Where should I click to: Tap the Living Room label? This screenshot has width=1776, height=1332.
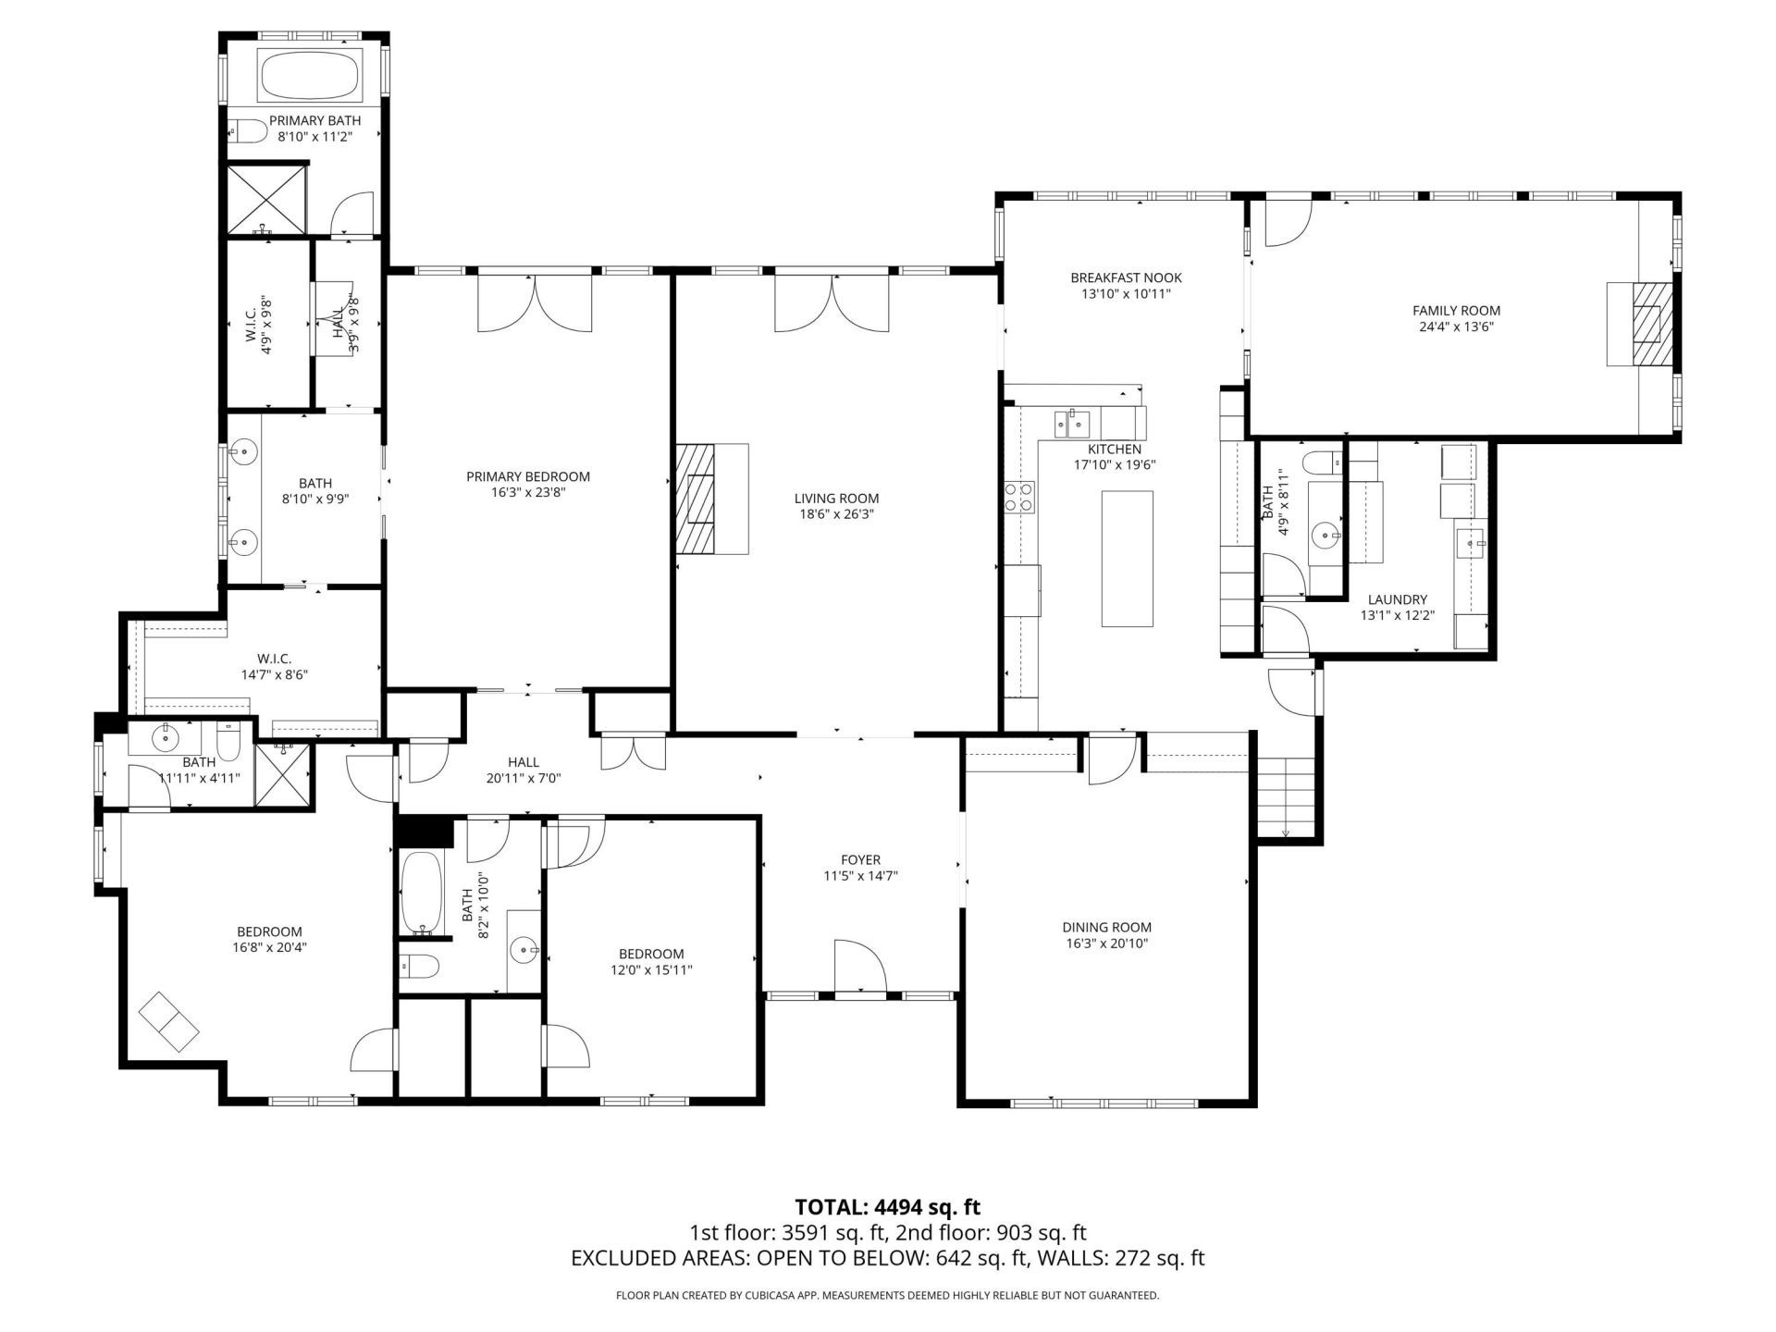coord(836,499)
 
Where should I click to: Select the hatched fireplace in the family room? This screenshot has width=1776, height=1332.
coord(1652,325)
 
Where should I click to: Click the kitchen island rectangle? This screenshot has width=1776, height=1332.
coord(1127,559)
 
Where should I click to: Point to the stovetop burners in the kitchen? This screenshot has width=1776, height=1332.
coord(1019,496)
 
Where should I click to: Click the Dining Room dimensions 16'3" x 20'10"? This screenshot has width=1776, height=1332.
coord(1106,943)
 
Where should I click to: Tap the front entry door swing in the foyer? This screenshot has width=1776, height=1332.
coord(860,967)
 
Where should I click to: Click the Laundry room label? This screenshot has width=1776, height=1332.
coord(1397,599)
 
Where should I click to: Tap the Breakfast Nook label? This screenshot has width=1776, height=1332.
coord(1126,277)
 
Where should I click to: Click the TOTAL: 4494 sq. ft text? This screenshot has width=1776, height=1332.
coord(887,1206)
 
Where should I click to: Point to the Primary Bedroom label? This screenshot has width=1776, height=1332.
coord(527,476)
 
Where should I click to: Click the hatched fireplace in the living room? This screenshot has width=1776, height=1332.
coord(696,498)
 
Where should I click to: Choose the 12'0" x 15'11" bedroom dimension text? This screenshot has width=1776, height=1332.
coord(651,970)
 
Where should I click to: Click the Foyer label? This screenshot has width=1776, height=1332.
coord(860,859)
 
